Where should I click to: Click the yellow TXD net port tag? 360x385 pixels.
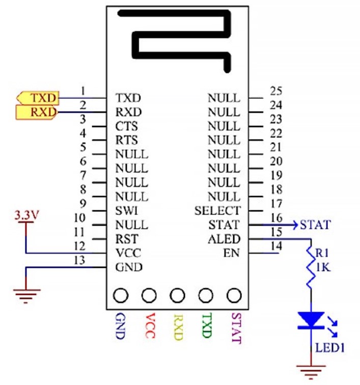click(38, 98)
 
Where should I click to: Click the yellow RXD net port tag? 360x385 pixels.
click(37, 112)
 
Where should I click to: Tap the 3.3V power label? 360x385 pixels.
click(26, 215)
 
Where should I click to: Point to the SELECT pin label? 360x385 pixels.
click(217, 211)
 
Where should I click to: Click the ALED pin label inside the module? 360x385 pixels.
click(224, 239)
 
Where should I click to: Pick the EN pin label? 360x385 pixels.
click(231, 253)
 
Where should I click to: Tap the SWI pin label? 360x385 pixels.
click(126, 211)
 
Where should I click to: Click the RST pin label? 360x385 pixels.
click(127, 239)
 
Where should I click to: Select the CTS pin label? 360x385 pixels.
click(126, 126)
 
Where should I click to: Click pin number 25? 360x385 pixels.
click(276, 91)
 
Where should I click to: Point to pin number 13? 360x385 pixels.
click(79, 260)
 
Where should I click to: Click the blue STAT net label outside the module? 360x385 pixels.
click(315, 225)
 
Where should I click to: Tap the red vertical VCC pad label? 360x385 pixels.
click(150, 325)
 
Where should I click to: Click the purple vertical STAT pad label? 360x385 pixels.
click(236, 328)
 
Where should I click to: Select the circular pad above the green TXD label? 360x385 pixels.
click(206, 295)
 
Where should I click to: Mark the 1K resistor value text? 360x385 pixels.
click(323, 267)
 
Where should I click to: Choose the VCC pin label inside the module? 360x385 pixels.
click(128, 253)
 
